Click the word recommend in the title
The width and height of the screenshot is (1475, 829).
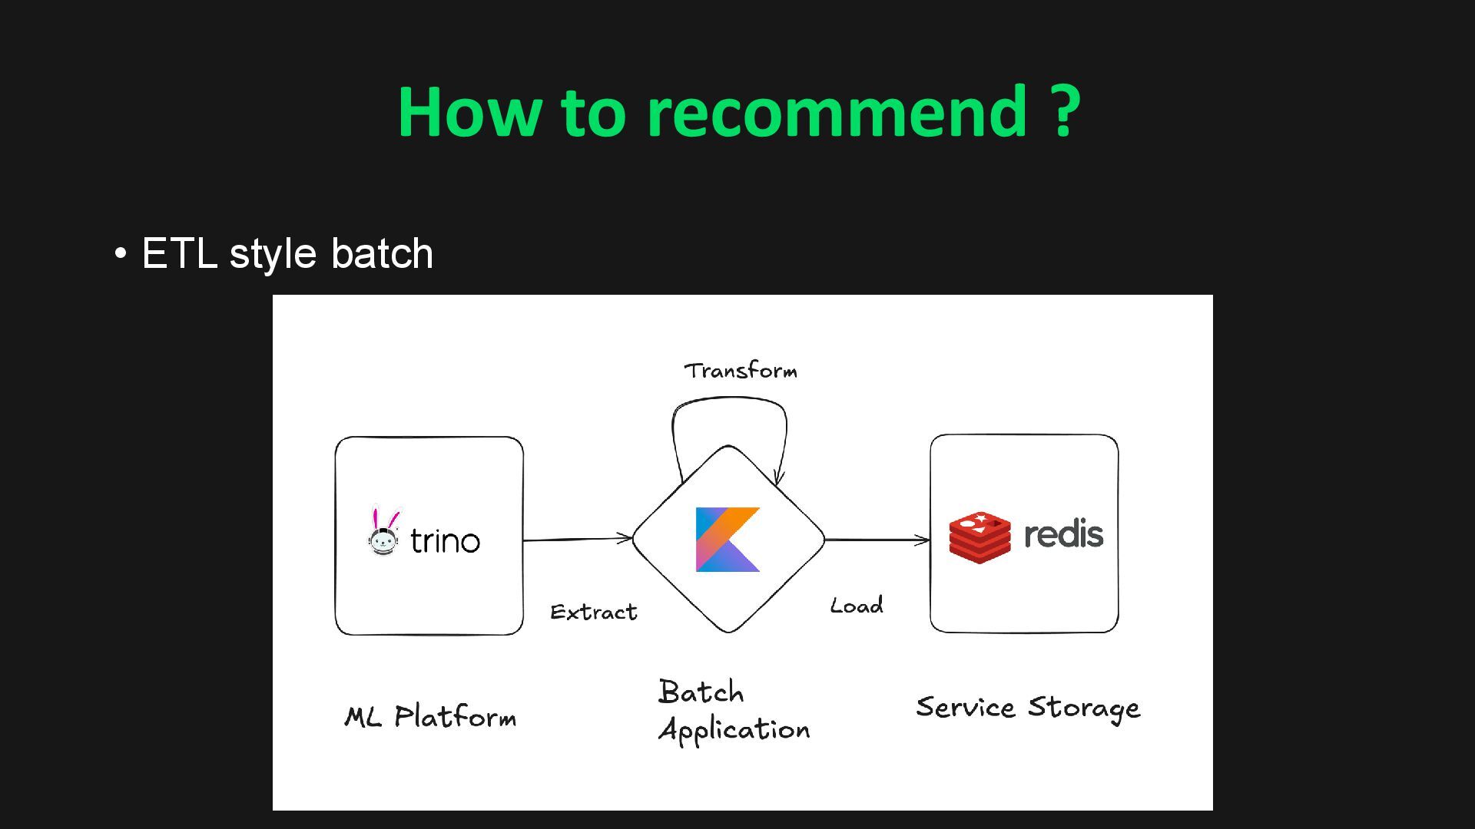(x=837, y=112)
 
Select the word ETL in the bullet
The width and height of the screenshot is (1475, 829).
(x=179, y=253)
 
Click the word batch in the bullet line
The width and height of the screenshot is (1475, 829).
(x=382, y=253)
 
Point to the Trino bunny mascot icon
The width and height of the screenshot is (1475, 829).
(x=383, y=531)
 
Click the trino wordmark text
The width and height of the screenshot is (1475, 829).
(x=445, y=541)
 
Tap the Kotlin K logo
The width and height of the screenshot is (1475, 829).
(x=728, y=539)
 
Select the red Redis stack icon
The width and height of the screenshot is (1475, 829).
(x=979, y=537)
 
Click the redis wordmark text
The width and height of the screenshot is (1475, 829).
(x=1063, y=534)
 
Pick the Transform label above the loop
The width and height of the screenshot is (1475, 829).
(x=741, y=371)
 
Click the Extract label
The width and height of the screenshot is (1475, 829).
(x=594, y=612)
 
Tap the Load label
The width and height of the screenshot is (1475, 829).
(x=857, y=606)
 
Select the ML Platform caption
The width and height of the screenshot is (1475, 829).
(x=430, y=717)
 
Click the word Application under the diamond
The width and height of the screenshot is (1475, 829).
(x=734, y=729)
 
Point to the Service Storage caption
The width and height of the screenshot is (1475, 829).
(x=1028, y=707)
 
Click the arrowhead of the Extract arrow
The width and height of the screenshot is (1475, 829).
(x=626, y=537)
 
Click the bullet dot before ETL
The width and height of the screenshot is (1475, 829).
(x=121, y=253)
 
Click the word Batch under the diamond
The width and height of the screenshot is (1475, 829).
(x=701, y=692)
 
